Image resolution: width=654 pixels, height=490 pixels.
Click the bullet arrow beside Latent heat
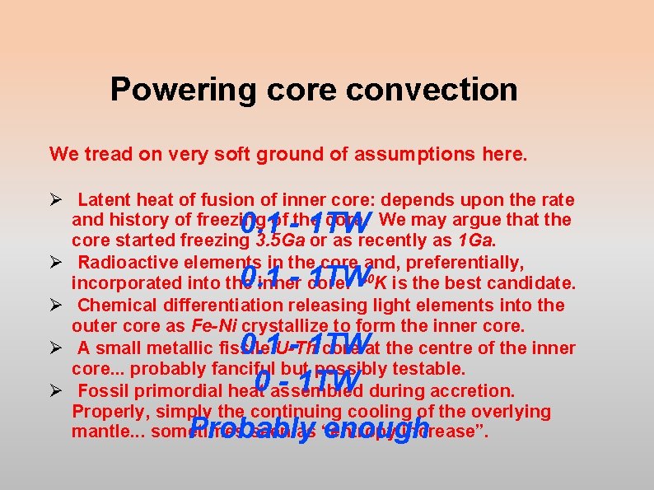[x=56, y=200]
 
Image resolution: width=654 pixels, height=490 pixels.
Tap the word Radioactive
[x=128, y=264]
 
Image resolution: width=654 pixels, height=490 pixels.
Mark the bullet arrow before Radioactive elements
[x=56, y=264]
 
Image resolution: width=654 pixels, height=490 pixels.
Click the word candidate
[x=535, y=284]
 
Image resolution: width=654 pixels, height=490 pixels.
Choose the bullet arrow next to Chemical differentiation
[x=56, y=306]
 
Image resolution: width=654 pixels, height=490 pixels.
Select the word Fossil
[x=102, y=390]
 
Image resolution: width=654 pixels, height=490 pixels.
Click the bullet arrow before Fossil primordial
[x=56, y=390]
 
